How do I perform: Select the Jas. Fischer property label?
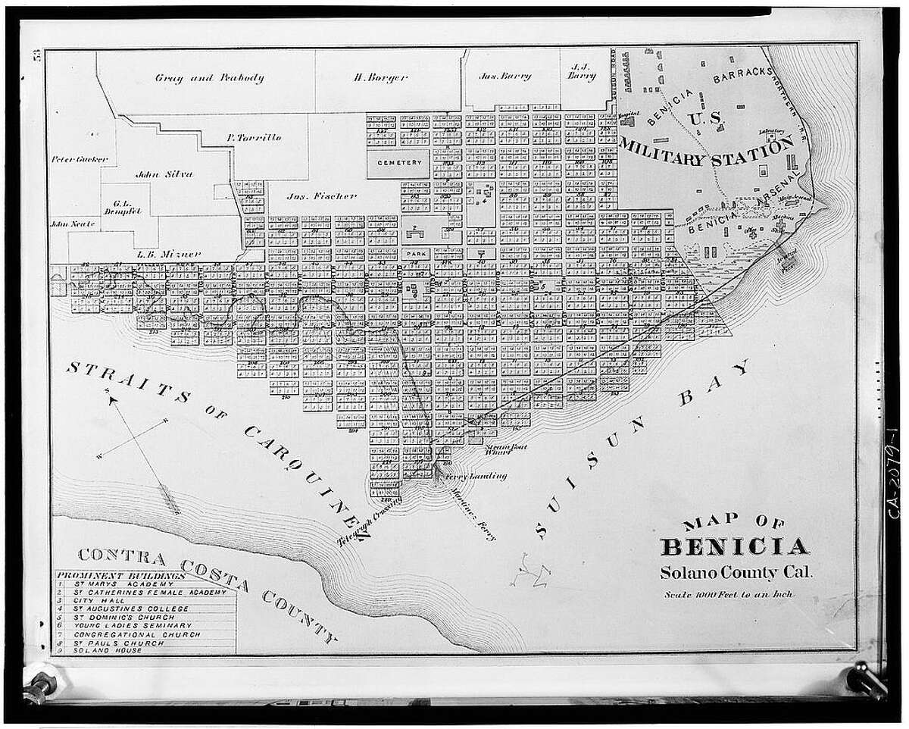[x=322, y=196]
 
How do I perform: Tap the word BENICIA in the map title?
[x=734, y=546]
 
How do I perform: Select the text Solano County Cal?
[x=735, y=572]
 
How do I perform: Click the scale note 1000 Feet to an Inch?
[x=728, y=594]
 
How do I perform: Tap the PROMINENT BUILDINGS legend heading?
[x=121, y=575]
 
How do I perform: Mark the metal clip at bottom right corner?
[x=866, y=680]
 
